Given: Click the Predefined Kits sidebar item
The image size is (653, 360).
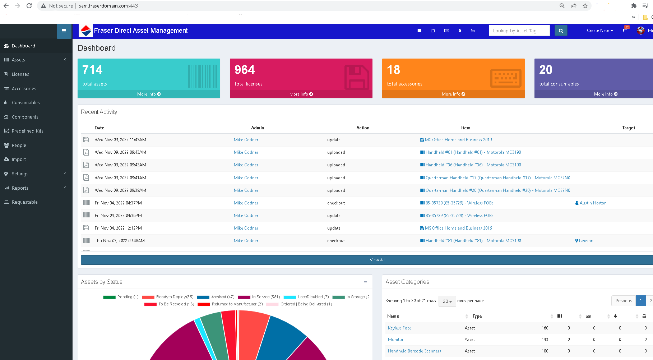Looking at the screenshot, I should [27, 131].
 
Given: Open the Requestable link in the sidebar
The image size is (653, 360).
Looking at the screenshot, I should [24, 202].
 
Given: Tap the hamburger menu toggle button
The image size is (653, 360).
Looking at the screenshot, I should [64, 31].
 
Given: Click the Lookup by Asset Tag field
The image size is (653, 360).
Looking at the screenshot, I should [519, 31].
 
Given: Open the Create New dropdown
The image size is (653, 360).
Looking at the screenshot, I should [599, 31].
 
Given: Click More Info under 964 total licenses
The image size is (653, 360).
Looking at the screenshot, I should [301, 94].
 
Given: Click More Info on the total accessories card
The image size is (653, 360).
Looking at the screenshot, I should [453, 94].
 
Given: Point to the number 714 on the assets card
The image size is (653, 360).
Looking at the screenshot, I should [92, 70].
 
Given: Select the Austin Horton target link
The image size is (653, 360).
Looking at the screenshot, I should [593, 203].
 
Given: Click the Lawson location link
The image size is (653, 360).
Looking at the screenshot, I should [586, 241].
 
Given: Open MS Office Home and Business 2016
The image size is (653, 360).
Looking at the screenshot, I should [458, 228].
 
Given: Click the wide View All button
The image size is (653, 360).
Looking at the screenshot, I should [377, 260].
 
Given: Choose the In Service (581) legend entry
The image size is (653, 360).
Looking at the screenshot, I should [265, 297].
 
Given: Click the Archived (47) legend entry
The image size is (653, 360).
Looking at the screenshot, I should [222, 297].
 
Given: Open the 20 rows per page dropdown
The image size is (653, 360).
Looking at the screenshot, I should [447, 301].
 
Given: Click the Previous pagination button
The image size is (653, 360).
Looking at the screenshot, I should [623, 301].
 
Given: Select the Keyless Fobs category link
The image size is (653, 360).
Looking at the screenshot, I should [399, 328].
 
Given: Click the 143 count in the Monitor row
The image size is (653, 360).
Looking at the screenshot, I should [545, 340].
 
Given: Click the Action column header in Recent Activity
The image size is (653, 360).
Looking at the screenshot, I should [362, 128].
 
